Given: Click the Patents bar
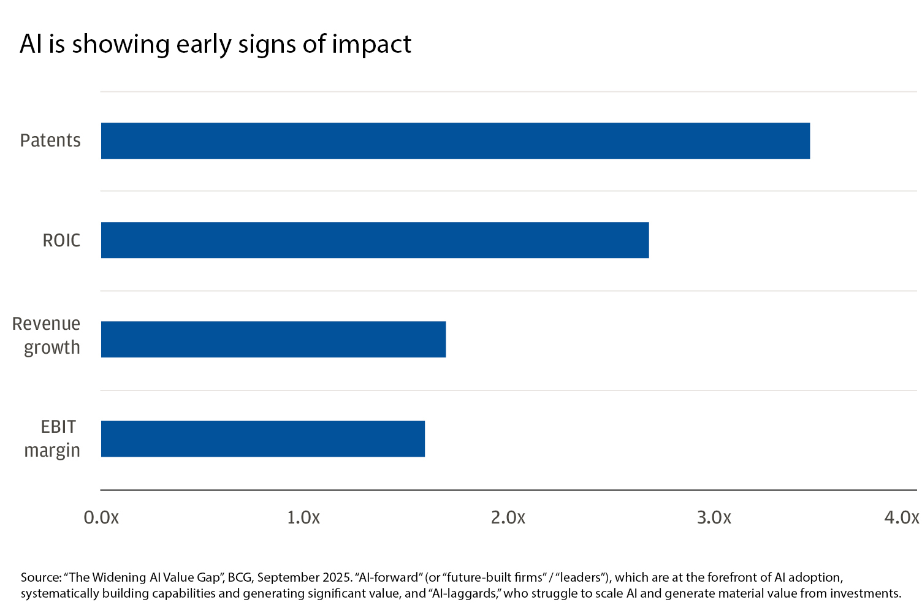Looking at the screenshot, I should coord(455,141).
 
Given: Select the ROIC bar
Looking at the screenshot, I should coord(375,240).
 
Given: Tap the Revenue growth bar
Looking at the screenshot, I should coord(273,340).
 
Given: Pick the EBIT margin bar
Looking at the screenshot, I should coord(262,439).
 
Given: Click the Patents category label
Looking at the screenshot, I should coord(50,141).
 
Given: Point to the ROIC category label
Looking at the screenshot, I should coord(61,240).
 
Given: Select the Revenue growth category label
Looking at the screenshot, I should coord(47,335).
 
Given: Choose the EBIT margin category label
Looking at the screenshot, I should coord(53,438).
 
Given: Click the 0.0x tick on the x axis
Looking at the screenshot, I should coord(101,518).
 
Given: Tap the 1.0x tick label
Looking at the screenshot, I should coord(303,518).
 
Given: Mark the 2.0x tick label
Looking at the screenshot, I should coord(508,518).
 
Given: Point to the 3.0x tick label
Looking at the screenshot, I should coord(714,518).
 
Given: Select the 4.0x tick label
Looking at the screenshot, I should coord(902,518).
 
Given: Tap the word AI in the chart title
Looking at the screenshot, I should coord(31,45).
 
